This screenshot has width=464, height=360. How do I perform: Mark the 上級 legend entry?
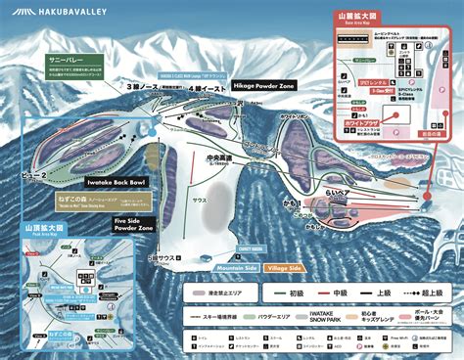(388, 292)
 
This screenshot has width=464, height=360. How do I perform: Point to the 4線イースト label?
(197, 87)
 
